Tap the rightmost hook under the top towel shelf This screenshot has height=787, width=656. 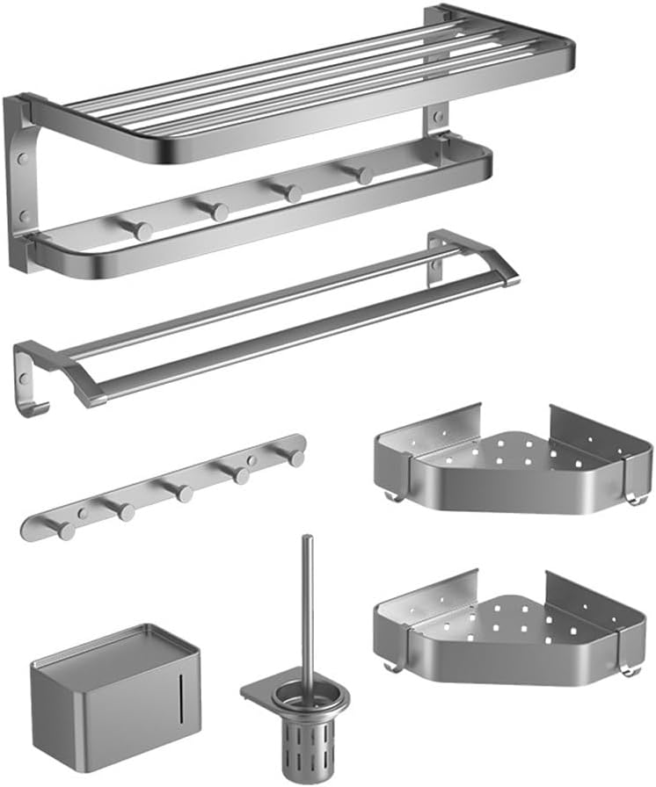[362, 174]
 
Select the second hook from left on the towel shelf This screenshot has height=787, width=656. [216, 211]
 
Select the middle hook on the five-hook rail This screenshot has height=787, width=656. [182, 492]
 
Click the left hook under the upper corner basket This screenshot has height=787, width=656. [394, 496]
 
